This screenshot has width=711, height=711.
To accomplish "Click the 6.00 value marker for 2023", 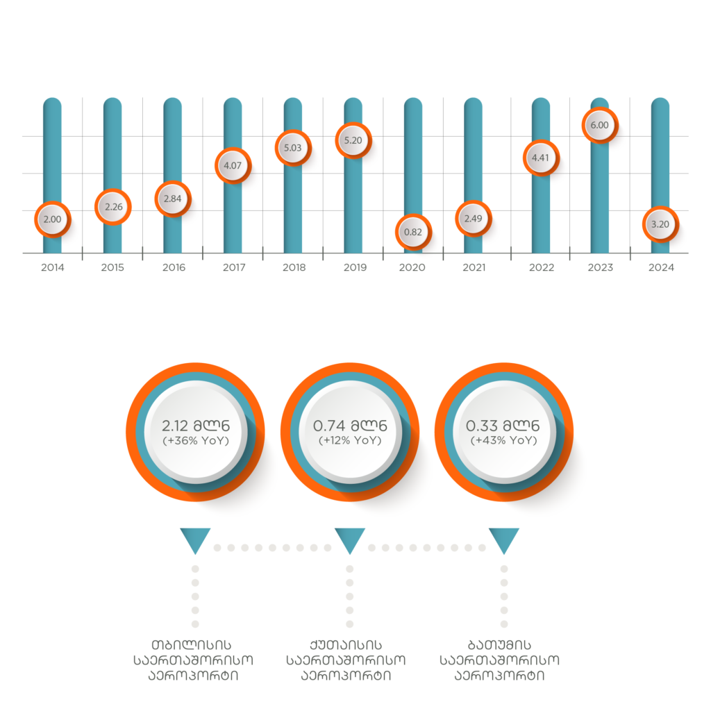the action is tap(600, 125).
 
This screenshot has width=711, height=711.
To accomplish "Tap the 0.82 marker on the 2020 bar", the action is tap(413, 232).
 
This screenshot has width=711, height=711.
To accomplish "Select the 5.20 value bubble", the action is tap(353, 140).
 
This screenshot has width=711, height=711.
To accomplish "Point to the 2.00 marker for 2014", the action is tap(53, 219).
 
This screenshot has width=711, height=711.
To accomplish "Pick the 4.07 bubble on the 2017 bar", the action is tap(233, 165).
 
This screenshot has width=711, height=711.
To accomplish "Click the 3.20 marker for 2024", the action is tap(660, 224).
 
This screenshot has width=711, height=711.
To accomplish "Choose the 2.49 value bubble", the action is tap(474, 219).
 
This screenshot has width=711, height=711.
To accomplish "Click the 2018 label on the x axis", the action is tap(294, 267).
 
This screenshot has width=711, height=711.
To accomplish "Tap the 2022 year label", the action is tap(542, 267).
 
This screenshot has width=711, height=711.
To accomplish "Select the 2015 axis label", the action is tap(112, 267).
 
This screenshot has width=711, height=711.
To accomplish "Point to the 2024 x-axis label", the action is tap(661, 267).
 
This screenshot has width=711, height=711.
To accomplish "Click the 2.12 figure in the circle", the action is tap(174, 426).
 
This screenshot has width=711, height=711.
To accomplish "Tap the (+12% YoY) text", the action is tap(350, 440).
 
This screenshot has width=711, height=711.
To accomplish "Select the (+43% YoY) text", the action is tap(504, 440).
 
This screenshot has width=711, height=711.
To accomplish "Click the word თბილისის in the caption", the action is tap(192, 645).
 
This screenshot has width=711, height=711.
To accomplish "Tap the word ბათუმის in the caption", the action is tap(499, 645).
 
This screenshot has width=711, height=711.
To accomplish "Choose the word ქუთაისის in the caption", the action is tap(346, 645).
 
